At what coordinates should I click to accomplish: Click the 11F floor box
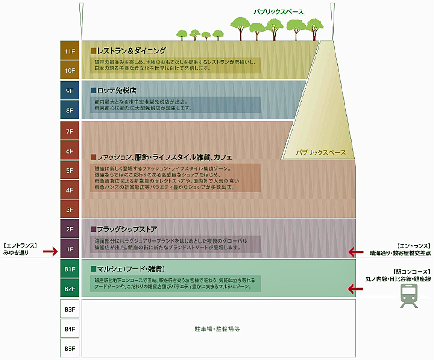point(70,51)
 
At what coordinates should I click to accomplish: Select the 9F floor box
point(70,91)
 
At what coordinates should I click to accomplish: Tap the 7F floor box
point(70,131)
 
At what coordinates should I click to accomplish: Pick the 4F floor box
point(70,190)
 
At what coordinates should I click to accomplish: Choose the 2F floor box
point(70,229)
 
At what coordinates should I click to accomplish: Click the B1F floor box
point(70,269)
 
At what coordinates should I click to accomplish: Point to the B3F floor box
point(70,309)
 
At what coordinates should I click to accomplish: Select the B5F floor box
point(70,348)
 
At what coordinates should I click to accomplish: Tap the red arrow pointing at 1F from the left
point(50,251)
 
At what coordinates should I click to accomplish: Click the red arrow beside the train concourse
point(355,289)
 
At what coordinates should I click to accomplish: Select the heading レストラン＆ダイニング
point(131,51)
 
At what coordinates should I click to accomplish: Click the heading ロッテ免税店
point(116,90)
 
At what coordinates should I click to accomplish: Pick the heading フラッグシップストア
point(127,229)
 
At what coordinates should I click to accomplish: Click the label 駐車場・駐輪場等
point(217,329)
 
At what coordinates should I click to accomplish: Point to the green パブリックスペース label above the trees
point(279,12)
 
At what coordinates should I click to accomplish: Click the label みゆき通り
point(16,253)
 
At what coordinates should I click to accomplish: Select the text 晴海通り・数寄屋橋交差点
point(400,253)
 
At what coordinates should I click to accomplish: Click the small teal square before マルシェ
point(93,269)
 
